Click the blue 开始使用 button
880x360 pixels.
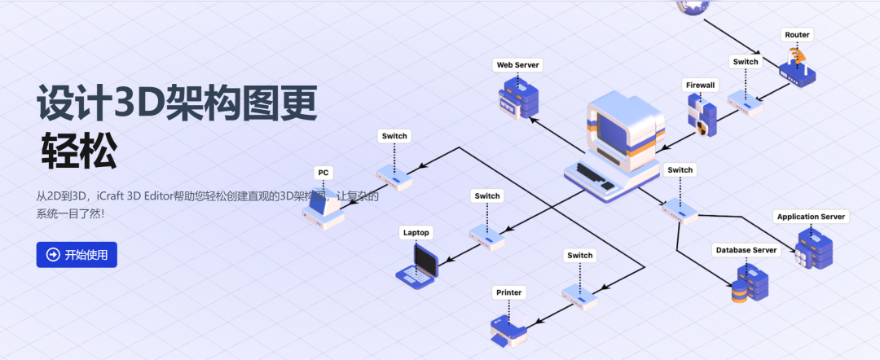click(77, 255)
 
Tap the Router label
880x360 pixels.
click(797, 35)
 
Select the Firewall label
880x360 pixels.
click(699, 85)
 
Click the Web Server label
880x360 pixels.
click(518, 64)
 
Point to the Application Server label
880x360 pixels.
click(811, 217)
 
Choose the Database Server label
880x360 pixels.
click(746, 249)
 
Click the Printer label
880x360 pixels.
click(508, 292)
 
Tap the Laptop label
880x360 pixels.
click(416, 232)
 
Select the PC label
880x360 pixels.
click(323, 173)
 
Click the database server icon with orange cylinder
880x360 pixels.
click(750, 284)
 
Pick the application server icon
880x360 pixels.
click(814, 248)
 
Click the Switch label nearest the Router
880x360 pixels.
click(746, 62)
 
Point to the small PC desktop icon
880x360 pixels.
click(323, 211)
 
